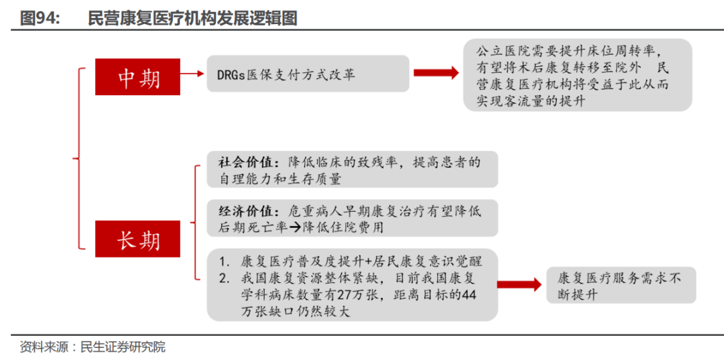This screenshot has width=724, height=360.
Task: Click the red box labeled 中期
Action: pyautogui.click(x=137, y=76)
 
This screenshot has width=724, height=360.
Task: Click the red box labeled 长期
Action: pyautogui.click(x=137, y=239)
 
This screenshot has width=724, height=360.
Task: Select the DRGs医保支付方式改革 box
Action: pyautogui.click(x=308, y=73)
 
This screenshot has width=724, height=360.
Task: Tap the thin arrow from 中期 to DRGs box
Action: pyautogui.click(x=192, y=74)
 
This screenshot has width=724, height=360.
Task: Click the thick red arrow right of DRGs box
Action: pyautogui.click(x=436, y=73)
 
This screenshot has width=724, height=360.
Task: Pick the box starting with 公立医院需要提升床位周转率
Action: pyautogui.click(x=578, y=75)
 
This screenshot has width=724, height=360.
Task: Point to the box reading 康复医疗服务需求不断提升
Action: pyautogui.click(x=621, y=285)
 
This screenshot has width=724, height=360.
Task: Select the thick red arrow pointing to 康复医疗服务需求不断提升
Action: pyautogui.click(x=519, y=285)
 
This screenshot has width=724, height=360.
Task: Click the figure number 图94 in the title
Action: pyautogui.click(x=40, y=18)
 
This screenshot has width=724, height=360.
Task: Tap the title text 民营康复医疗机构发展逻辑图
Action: pyautogui.click(x=192, y=18)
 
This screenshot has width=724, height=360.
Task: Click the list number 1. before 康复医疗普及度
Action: pyautogui.click(x=225, y=262)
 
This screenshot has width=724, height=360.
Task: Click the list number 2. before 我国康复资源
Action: pyautogui.click(x=225, y=279)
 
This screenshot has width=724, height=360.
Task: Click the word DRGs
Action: pyautogui.click(x=231, y=74)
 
